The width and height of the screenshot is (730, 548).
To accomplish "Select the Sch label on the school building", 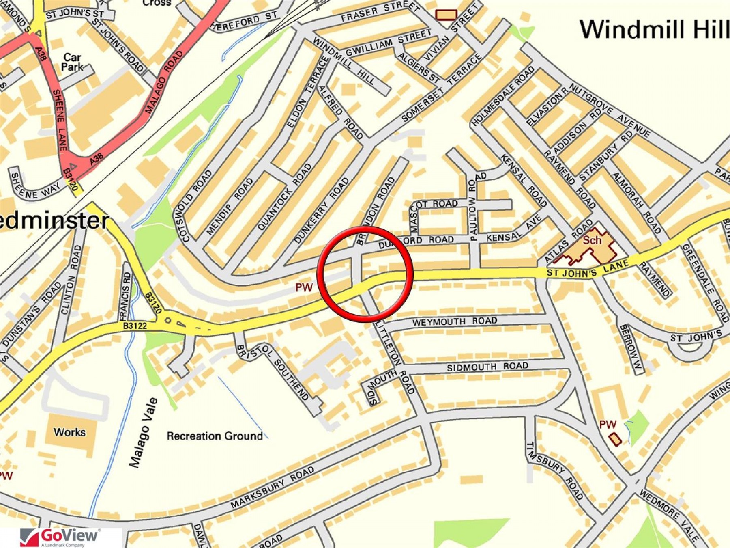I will (592, 240).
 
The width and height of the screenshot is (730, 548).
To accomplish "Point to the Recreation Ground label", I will (215, 436).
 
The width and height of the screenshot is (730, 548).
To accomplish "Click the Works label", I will (69, 432).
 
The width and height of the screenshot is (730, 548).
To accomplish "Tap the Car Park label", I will (72, 62).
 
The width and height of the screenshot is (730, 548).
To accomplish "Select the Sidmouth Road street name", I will (487, 367).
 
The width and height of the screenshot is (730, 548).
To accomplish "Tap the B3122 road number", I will (135, 326).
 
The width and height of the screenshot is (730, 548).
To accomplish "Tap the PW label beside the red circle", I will (304, 287).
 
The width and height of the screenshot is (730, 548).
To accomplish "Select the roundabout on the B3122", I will (168, 321).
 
